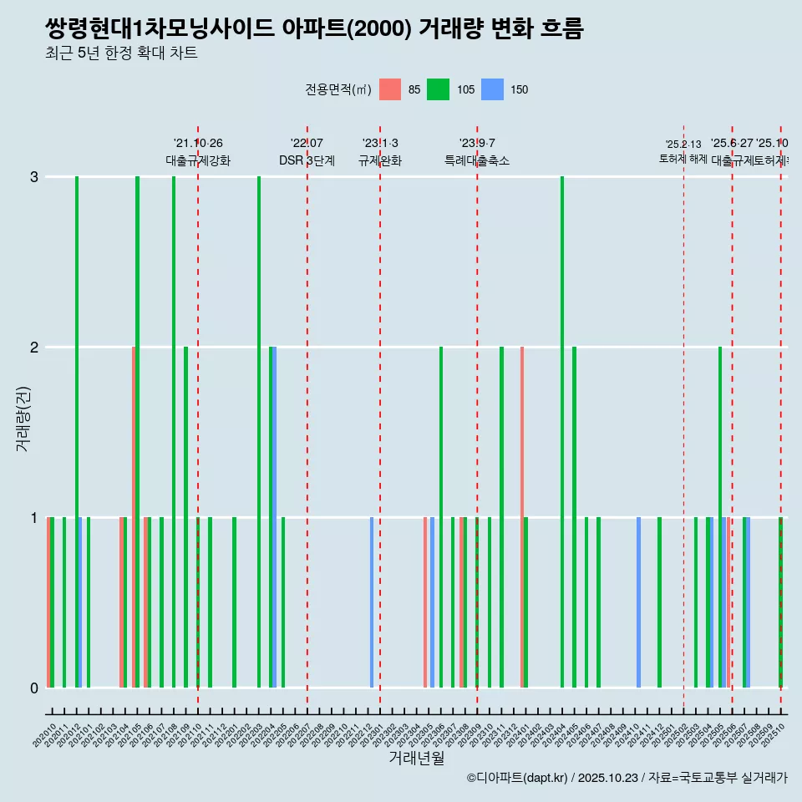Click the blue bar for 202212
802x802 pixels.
pyautogui.click(x=372, y=602)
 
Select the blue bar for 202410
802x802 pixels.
pyautogui.click(x=639, y=602)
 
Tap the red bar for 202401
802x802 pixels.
pyautogui.click(x=522, y=517)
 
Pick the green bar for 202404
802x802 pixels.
pyautogui.click(x=562, y=432)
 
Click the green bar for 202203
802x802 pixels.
pyautogui.click(x=259, y=432)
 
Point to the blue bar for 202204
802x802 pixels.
pyautogui.click(x=275, y=517)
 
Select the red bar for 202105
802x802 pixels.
pyautogui.click(x=134, y=517)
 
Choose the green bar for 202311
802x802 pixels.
pyautogui.click(x=501, y=517)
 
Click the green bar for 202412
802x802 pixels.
pyautogui.click(x=659, y=602)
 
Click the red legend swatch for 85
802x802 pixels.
pyautogui.click(x=390, y=89)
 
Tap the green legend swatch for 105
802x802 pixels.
pyautogui.click(x=438, y=89)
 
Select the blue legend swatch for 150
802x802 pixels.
pyautogui.click(x=493, y=89)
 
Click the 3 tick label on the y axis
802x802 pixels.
pyautogui.click(x=33, y=176)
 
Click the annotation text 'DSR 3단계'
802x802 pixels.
pyautogui.click(x=307, y=160)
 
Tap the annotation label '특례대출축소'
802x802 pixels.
pyautogui.click(x=476, y=160)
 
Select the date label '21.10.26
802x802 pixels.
pyautogui.click(x=198, y=143)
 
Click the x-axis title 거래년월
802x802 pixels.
pyautogui.click(x=416, y=758)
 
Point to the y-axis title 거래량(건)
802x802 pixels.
pyautogui.click(x=23, y=418)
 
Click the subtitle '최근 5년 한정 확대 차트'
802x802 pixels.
pyautogui.click(x=121, y=53)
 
